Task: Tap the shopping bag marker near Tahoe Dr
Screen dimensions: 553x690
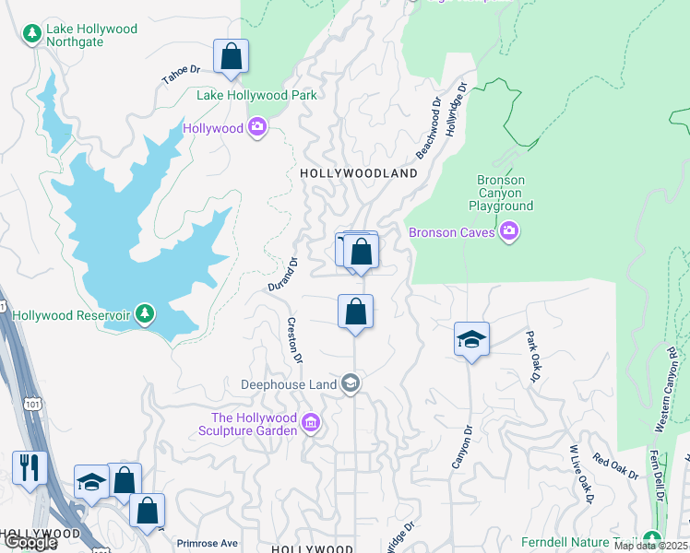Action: [x=231, y=56]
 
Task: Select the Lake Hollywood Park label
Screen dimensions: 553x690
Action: [x=256, y=95]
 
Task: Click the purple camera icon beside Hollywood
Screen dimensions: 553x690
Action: [x=258, y=128]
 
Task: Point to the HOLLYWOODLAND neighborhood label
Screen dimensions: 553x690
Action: [x=359, y=173]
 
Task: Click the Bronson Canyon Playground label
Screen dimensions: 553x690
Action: [x=501, y=194]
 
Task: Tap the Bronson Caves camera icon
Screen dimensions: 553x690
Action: [x=508, y=232]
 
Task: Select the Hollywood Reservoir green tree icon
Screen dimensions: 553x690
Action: [x=144, y=315]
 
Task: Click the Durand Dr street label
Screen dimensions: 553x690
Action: [x=284, y=275]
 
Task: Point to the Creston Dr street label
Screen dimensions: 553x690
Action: [x=295, y=339]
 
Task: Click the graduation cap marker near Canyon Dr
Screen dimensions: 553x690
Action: [x=471, y=339]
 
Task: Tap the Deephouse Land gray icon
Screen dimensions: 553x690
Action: [x=350, y=382]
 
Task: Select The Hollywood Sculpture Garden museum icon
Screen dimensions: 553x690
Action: [x=311, y=424]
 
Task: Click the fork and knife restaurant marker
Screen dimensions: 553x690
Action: [x=30, y=467]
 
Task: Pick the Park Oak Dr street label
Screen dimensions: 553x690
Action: [x=532, y=356]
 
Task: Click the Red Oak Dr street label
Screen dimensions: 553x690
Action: [x=615, y=466]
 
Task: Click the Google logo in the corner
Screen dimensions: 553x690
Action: [x=30, y=543]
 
